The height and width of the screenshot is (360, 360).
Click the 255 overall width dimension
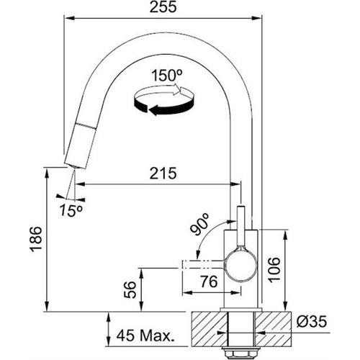pos(163,6)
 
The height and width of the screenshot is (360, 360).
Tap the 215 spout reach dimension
pos(163,174)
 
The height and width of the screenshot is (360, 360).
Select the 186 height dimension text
pos(36,239)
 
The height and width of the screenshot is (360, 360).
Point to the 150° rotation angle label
pos(167,76)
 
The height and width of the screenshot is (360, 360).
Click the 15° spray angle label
pos(71,210)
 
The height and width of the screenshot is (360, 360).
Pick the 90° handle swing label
pos(199,224)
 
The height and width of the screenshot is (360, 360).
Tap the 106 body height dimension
pos(274,269)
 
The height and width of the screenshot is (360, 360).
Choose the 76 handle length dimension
pos(209,282)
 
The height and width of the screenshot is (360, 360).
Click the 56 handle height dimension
pos(130,289)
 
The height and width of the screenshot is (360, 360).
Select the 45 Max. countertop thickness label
pos(145,336)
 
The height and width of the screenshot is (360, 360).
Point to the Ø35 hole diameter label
pos(312,321)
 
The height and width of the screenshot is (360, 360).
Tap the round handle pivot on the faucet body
pos(240,265)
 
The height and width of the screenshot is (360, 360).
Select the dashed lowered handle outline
pos(204,264)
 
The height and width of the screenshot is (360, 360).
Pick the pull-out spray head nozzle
pos(81,145)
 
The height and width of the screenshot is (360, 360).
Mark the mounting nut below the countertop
pos(240,353)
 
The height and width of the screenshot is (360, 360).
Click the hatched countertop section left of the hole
pos(210,329)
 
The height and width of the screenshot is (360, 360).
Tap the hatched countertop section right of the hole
pos(273,329)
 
